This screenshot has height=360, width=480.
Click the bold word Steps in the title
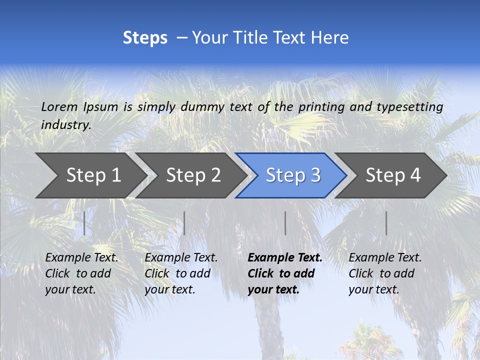click(145, 38)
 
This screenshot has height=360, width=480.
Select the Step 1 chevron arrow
click(90, 175)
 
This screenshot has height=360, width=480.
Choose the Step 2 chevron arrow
click(190, 175)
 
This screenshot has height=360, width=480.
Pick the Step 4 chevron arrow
click(391, 175)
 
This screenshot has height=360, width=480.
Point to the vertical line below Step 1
click(84, 223)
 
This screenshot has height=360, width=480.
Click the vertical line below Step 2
click(184, 223)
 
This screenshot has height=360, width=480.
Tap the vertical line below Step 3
click(285, 223)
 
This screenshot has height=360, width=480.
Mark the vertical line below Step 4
click(386, 223)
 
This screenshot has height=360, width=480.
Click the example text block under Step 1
click(81, 273)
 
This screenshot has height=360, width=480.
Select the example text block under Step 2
click(181, 273)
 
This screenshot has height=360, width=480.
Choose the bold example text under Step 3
click(285, 273)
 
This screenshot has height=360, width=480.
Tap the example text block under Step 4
click(385, 273)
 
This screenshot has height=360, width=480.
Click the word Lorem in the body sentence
click(59, 107)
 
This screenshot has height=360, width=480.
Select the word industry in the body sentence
click(65, 125)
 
